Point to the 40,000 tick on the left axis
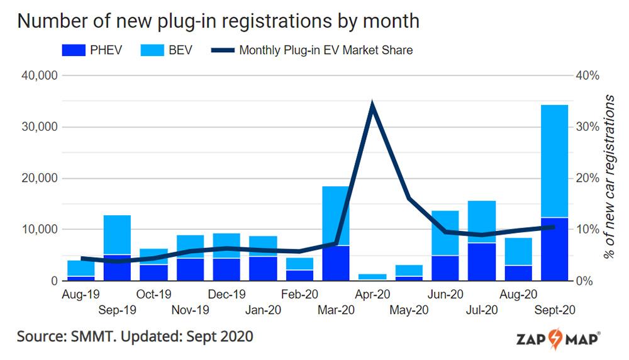[x=40, y=76]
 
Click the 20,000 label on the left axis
[x=40, y=178]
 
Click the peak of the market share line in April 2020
[x=373, y=105]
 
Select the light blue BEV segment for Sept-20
[x=555, y=161]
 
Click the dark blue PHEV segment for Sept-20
[x=555, y=249]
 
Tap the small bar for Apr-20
[x=372, y=276]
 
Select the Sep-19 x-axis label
[x=117, y=310]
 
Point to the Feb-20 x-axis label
[x=299, y=294]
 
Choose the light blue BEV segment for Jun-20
[x=445, y=233]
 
